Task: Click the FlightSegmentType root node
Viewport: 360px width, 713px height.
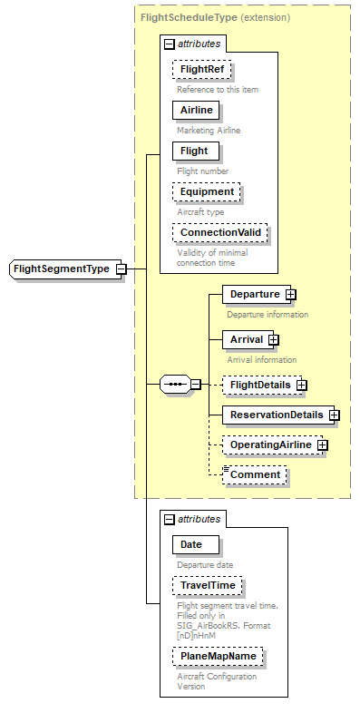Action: coord(62,269)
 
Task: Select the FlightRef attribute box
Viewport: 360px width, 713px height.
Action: coord(201,69)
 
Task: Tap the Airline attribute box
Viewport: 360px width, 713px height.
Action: coord(196,110)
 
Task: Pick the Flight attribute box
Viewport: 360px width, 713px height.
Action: coord(194,151)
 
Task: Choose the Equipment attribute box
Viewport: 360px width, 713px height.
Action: coord(209,191)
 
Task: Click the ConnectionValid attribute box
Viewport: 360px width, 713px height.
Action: coord(219,232)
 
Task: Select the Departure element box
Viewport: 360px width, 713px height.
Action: coord(253,294)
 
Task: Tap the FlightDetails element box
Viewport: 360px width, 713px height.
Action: coord(259,385)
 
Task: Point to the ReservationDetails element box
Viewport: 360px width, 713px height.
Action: coord(275,415)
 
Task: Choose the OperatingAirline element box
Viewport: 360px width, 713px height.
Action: coord(269,445)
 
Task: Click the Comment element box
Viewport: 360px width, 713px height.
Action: coord(255,474)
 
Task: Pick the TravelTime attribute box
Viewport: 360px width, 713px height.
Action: coord(208,586)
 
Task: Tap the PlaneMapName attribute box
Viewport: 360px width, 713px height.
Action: coord(217,656)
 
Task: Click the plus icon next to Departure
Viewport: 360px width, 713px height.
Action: coord(291,294)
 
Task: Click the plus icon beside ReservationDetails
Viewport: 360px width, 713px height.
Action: coord(334,415)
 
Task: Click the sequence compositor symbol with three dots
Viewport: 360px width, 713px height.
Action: coord(174,385)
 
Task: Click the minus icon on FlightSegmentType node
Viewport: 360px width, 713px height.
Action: coord(121,269)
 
